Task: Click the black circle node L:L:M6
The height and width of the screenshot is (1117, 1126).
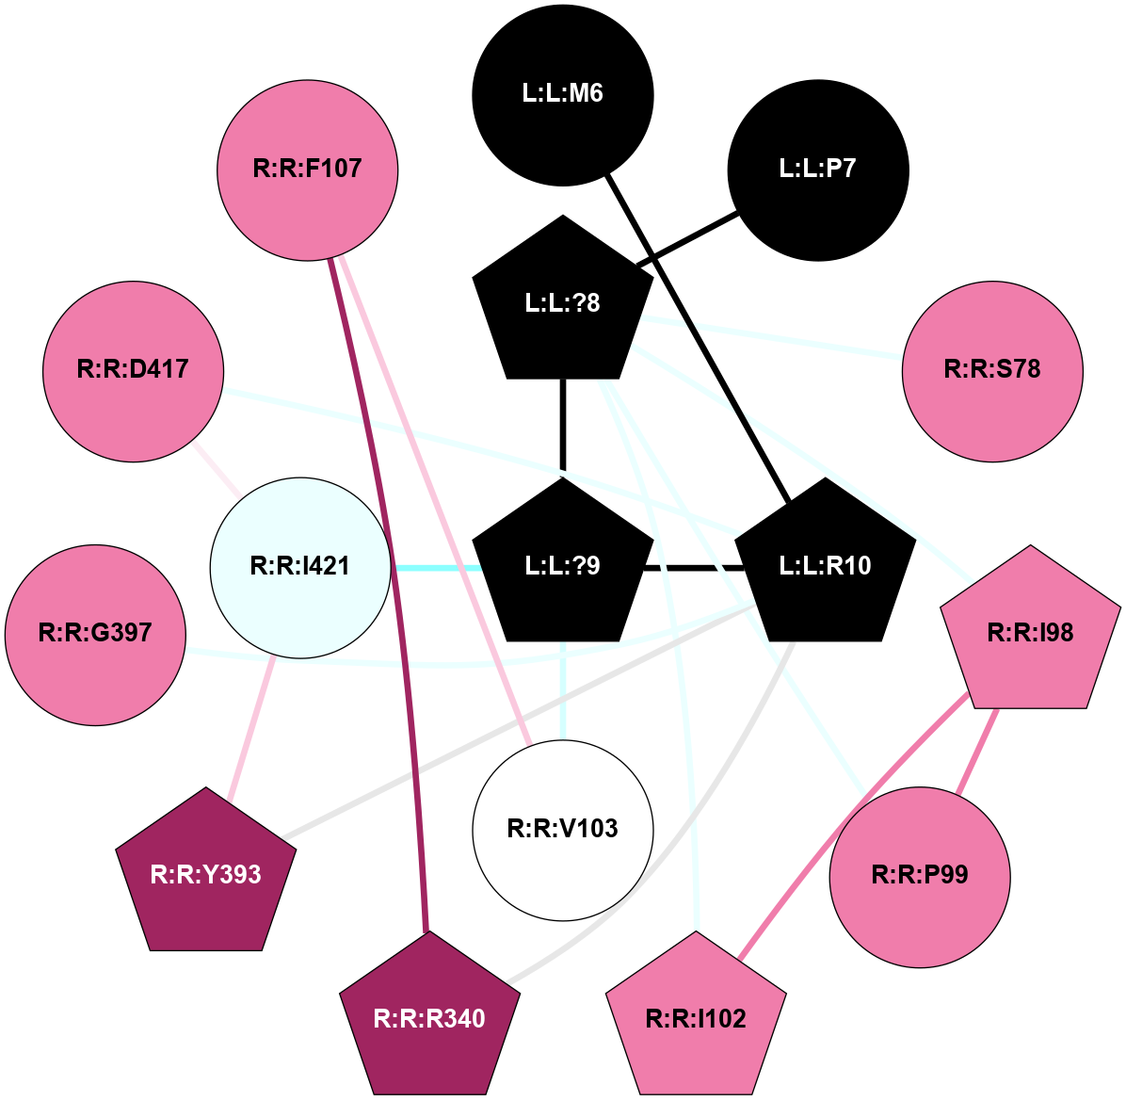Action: click(562, 94)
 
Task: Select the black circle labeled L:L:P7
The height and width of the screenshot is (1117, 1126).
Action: click(817, 170)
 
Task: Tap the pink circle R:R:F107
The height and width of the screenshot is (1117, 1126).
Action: click(308, 170)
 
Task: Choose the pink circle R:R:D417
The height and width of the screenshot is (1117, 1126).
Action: click(133, 370)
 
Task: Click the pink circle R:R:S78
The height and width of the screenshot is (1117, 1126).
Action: click(992, 370)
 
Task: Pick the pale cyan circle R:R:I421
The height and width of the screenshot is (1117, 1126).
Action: click(300, 567)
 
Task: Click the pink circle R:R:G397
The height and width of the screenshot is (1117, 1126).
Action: click(95, 634)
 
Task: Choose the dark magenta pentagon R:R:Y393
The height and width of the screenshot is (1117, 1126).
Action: click(206, 875)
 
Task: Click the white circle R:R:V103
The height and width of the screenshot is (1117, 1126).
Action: click(562, 830)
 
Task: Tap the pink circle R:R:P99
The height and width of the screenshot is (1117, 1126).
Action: click(919, 876)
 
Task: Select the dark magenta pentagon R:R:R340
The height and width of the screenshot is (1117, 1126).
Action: click(429, 1019)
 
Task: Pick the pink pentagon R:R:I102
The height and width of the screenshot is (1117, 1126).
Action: click(696, 1019)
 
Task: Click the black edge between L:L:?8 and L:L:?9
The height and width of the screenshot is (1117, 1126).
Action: click(563, 424)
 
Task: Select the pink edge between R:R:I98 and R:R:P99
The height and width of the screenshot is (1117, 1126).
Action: click(978, 749)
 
